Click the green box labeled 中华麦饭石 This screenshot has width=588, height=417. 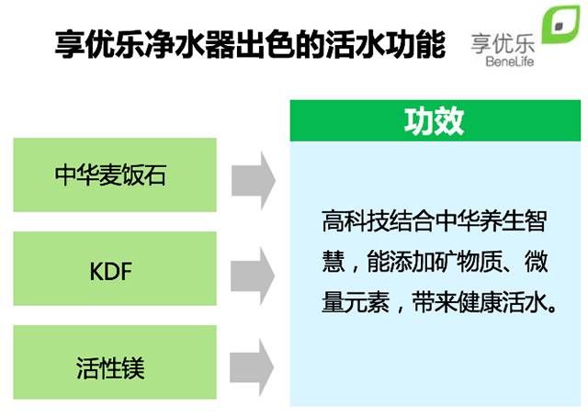tap(115, 175)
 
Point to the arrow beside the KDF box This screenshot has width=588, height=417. tap(253, 270)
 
